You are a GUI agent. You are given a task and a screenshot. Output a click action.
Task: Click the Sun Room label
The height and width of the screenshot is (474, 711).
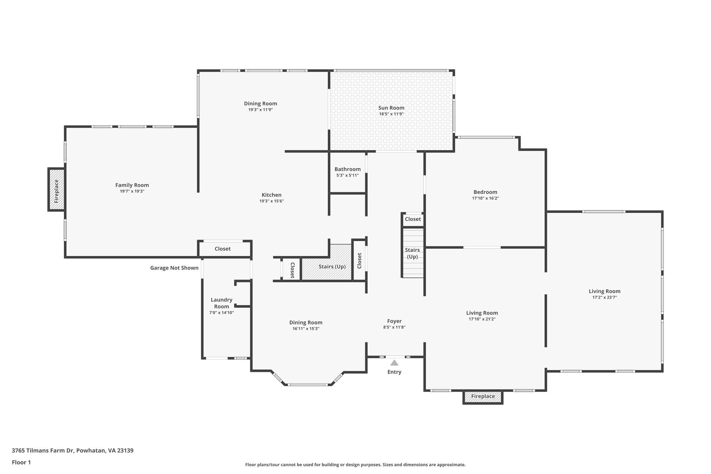click(391, 108)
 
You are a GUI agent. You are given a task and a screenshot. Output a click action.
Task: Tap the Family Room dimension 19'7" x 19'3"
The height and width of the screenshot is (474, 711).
click(132, 191)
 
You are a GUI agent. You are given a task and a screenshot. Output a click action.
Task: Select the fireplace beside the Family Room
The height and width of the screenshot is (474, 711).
click(57, 190)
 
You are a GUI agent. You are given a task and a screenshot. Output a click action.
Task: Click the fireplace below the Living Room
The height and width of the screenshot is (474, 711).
click(483, 397)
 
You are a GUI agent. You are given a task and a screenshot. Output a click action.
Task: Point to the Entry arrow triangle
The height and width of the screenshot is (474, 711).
click(394, 363)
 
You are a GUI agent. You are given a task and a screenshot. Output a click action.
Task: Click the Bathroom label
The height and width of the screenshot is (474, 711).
click(348, 169)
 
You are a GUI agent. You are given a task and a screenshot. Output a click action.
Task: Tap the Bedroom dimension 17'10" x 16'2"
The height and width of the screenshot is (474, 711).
click(485, 198)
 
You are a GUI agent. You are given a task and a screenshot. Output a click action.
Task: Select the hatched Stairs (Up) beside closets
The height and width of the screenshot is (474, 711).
click(332, 267)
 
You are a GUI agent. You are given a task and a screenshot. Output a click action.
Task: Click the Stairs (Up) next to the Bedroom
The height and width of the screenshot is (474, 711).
click(412, 253)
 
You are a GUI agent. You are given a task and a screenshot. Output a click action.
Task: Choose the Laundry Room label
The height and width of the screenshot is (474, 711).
click(221, 303)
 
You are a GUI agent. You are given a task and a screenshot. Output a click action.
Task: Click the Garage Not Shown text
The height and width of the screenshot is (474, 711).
click(174, 268)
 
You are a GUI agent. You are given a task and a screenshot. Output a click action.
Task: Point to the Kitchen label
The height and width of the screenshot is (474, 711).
click(271, 195)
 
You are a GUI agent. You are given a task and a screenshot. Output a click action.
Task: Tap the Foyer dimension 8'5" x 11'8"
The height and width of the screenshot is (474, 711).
click(394, 327)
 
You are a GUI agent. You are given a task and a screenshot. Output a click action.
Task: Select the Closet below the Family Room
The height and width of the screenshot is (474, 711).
click(223, 249)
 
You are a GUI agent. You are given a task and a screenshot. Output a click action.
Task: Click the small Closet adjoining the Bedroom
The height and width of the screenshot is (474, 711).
click(413, 219)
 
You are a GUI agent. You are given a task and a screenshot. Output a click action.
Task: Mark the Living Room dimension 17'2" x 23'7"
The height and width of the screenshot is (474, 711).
click(604, 297)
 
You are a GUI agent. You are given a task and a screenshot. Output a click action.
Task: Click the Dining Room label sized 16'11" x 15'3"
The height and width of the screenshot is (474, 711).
click(306, 322)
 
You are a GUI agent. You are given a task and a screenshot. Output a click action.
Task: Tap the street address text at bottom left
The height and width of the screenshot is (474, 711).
click(73, 450)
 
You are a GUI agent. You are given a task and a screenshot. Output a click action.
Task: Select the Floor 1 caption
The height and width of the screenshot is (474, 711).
click(22, 462)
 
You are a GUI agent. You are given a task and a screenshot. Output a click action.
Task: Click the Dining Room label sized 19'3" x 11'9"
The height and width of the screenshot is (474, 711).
click(260, 103)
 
